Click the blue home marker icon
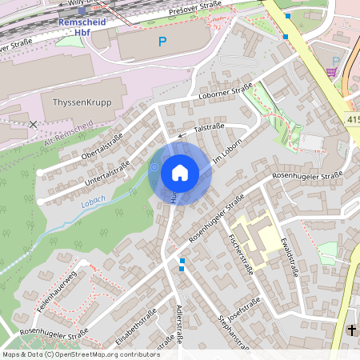(180, 173)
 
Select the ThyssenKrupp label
(82, 104)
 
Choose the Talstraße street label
(209, 127)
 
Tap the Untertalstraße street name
(106, 176)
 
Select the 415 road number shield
(353, 119)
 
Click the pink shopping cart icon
(331, 72)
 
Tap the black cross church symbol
(351, 330)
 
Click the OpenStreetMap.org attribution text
(103, 354)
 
